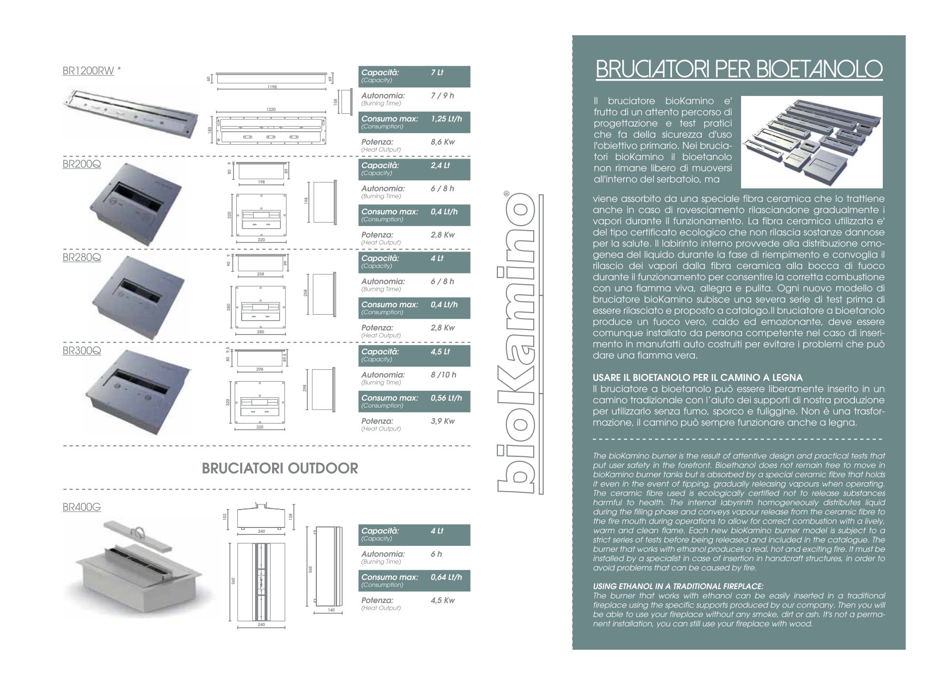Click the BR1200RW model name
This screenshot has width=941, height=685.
88,71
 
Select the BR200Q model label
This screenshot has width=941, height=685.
82,164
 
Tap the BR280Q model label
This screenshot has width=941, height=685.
82,257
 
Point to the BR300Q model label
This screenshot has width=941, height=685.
82,350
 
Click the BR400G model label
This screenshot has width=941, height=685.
82,508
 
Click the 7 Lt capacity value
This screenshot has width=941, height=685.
437,73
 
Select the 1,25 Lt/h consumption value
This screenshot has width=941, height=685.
446,119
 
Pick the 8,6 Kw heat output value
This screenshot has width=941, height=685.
443,142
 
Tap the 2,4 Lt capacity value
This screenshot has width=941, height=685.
440,166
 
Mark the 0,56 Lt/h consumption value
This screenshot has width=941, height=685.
446,398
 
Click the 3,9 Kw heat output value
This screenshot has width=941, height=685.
443,421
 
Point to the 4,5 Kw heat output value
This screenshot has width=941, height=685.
443,600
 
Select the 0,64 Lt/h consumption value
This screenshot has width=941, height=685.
446,577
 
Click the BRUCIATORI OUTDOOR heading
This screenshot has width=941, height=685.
280,469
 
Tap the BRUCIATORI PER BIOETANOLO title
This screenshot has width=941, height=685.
739,70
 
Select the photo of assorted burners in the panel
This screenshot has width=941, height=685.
812,141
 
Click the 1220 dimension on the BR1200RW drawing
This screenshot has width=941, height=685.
271,109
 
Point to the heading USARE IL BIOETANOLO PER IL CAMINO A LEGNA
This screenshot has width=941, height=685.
698,378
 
